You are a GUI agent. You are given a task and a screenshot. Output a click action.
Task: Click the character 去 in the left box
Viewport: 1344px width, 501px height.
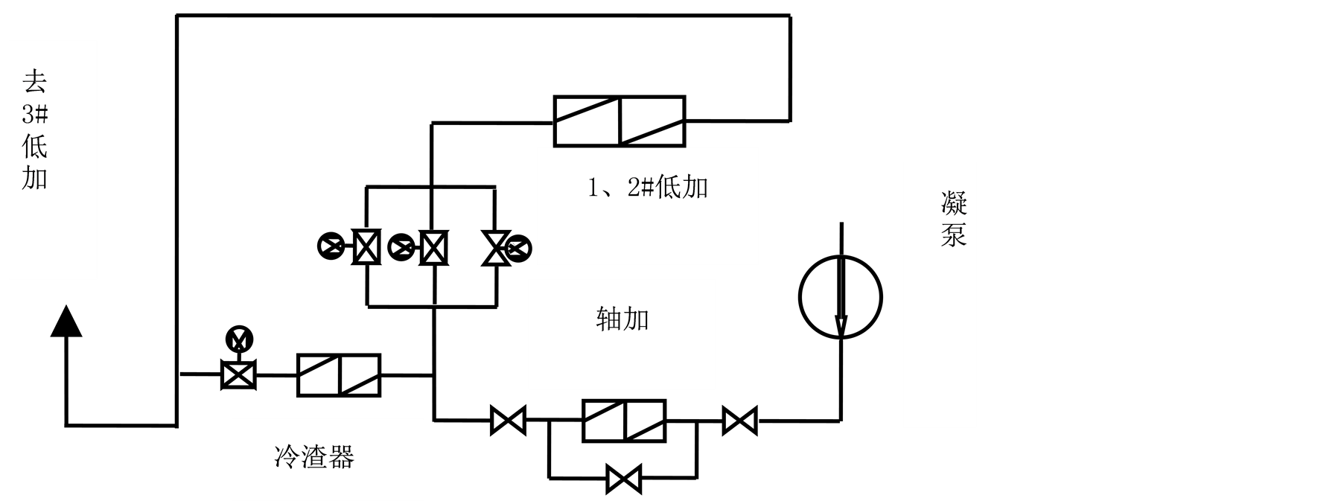(35, 82)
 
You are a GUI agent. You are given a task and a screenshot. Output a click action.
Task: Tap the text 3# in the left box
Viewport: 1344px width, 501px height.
(35, 115)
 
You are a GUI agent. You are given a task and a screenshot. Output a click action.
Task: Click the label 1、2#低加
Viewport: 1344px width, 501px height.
(647, 188)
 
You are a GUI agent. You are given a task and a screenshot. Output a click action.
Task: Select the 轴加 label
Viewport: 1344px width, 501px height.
(622, 319)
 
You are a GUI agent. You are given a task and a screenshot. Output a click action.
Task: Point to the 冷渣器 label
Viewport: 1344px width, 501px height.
(314, 456)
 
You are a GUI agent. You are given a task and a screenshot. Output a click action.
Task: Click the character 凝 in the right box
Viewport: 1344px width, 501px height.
(954, 202)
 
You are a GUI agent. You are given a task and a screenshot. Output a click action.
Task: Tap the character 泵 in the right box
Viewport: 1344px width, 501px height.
(954, 234)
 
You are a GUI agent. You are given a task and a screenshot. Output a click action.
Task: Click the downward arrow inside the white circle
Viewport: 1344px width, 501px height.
(841, 298)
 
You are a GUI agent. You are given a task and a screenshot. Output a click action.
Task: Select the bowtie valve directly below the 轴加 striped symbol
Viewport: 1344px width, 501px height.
(624, 479)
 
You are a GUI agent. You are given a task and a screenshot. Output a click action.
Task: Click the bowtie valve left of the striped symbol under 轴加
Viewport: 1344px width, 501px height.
(509, 421)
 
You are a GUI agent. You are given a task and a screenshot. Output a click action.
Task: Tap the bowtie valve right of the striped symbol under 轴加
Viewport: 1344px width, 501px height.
(740, 421)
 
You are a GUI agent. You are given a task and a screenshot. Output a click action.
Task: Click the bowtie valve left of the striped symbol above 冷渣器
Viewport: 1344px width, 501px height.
(239, 374)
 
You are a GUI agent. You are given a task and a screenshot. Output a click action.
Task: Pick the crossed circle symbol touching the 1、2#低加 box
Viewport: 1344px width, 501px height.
(517, 249)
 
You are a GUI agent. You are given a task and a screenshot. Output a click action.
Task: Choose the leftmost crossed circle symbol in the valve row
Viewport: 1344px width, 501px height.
(331, 246)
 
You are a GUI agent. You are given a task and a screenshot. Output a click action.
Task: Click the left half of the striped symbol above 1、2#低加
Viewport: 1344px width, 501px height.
(587, 123)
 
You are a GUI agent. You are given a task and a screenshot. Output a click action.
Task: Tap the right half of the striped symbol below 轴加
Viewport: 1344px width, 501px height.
(645, 421)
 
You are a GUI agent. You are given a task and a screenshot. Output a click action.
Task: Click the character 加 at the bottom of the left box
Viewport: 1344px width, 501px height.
(35, 179)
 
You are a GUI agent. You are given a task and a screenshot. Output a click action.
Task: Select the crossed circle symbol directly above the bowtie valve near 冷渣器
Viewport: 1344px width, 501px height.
(239, 339)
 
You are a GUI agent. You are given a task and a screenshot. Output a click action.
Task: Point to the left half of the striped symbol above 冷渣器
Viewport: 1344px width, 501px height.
(319, 375)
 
